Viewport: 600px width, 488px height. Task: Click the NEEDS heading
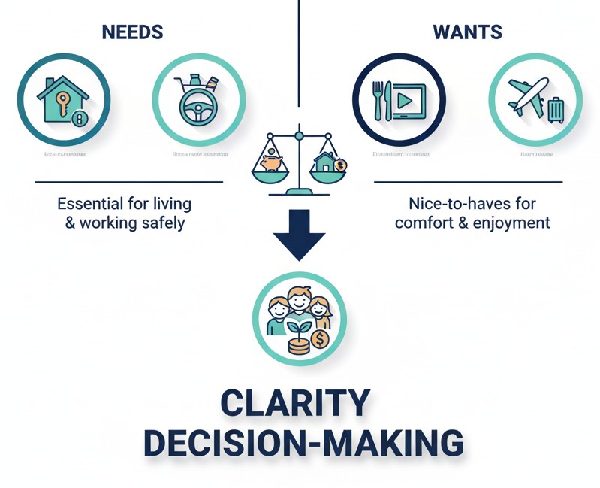pos(132,32)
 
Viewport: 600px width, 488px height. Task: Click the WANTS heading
pos(468,32)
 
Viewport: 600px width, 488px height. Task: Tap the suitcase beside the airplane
pos(556,110)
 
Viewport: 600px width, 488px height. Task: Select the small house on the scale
pos(327,161)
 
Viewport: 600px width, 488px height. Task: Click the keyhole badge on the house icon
pos(80,119)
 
